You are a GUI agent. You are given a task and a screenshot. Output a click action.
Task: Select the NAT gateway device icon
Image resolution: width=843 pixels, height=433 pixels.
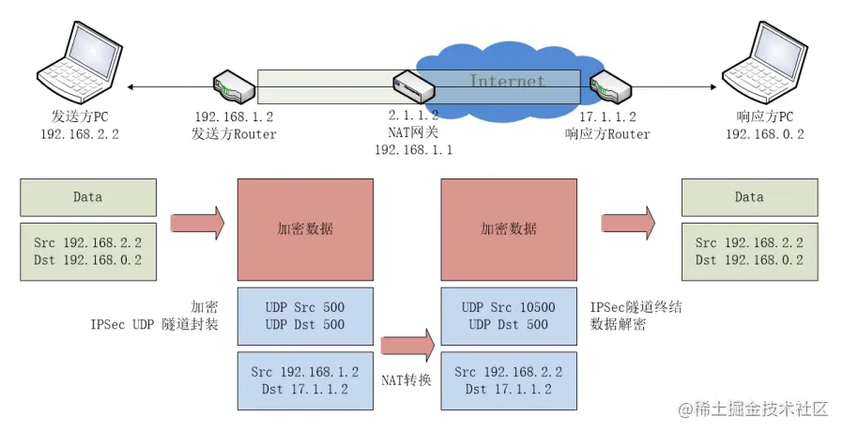point(413,87)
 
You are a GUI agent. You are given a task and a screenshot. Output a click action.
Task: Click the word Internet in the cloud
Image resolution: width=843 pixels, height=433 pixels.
point(507,82)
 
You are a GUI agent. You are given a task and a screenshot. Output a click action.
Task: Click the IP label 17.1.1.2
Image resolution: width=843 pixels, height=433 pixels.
point(608,117)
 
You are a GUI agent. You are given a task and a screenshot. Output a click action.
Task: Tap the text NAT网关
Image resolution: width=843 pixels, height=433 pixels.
point(413,133)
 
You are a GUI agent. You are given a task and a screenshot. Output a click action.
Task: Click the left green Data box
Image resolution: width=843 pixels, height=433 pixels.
point(88,197)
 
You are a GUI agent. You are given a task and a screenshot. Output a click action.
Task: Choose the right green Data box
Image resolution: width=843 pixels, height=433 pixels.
point(748,197)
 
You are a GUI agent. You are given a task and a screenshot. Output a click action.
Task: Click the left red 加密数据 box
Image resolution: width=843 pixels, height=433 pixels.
point(305,227)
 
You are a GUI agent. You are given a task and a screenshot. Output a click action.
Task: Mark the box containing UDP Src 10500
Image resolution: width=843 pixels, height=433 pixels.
point(508,316)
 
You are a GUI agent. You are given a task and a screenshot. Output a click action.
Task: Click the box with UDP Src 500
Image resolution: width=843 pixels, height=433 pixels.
point(305,316)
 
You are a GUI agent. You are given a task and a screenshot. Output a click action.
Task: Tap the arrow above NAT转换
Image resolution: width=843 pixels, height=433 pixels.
point(406,344)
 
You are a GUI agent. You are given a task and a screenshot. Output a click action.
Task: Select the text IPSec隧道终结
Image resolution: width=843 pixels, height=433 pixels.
point(635,307)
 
